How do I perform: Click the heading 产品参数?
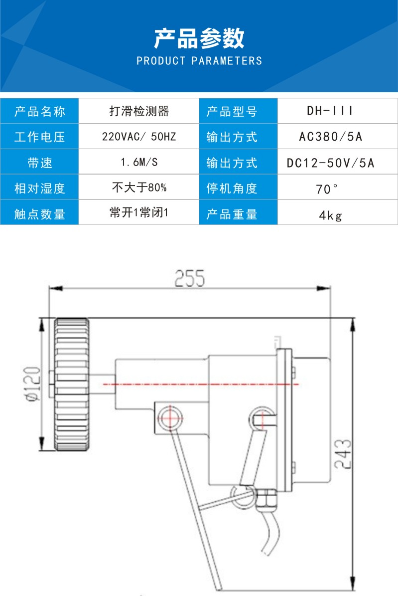pyautogui.click(x=199, y=39)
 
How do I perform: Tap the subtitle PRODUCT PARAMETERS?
pyautogui.click(x=199, y=61)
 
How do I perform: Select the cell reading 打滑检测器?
pyautogui.click(x=139, y=111)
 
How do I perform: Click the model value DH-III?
pyautogui.click(x=330, y=111)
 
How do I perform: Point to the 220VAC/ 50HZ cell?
pyautogui.click(x=139, y=137)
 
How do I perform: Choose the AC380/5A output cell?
pyautogui.click(x=330, y=137)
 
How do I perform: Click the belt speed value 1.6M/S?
pyautogui.click(x=139, y=163)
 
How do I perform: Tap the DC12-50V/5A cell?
pyautogui.click(x=330, y=163)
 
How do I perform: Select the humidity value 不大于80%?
pyautogui.click(x=139, y=189)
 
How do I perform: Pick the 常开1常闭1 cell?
pyautogui.click(x=139, y=213)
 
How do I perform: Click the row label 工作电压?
pyautogui.click(x=40, y=137)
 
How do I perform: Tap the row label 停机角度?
pyautogui.click(x=232, y=189)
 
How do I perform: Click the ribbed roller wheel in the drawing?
pyautogui.click(x=72, y=384)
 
